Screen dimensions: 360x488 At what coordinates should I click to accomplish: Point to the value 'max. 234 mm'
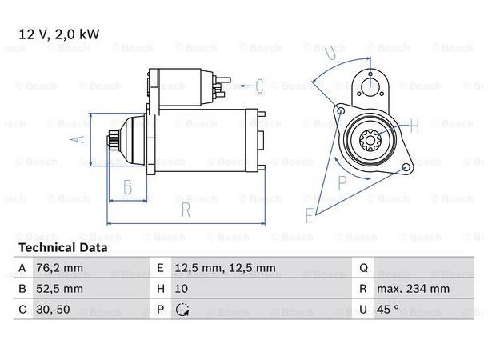[414, 289]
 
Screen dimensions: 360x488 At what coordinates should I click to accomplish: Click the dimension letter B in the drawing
[126, 189]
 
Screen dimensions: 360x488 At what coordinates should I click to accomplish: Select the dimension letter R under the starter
[185, 210]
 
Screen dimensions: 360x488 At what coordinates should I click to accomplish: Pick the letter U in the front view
[331, 52]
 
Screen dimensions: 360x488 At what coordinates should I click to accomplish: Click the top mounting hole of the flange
[370, 82]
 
